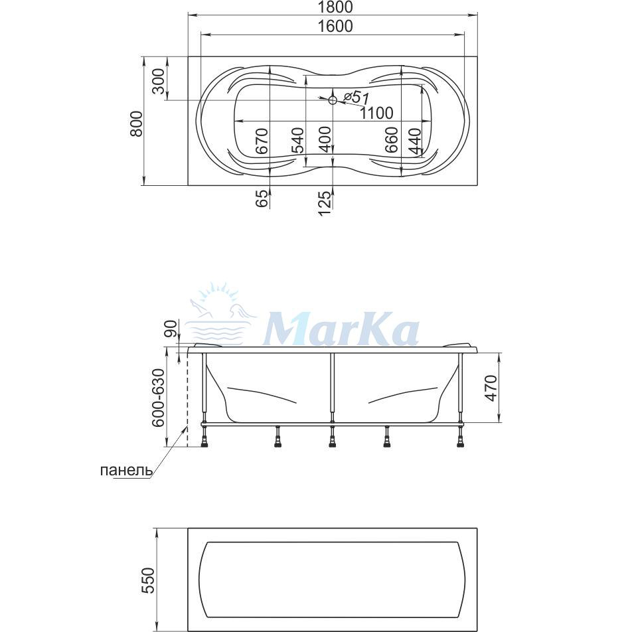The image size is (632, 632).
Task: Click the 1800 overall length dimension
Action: (335, 7)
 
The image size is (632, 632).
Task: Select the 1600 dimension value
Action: (335, 26)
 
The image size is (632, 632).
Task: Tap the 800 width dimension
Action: (137, 123)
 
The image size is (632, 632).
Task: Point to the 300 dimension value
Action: (159, 81)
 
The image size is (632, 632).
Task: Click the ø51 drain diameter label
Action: (356, 97)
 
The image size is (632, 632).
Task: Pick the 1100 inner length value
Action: (376, 113)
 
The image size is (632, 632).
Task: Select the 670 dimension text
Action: (262, 141)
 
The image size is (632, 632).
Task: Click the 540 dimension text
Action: (298, 141)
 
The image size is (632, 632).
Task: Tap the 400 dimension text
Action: (325, 139)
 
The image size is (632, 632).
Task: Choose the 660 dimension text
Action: (392, 140)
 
